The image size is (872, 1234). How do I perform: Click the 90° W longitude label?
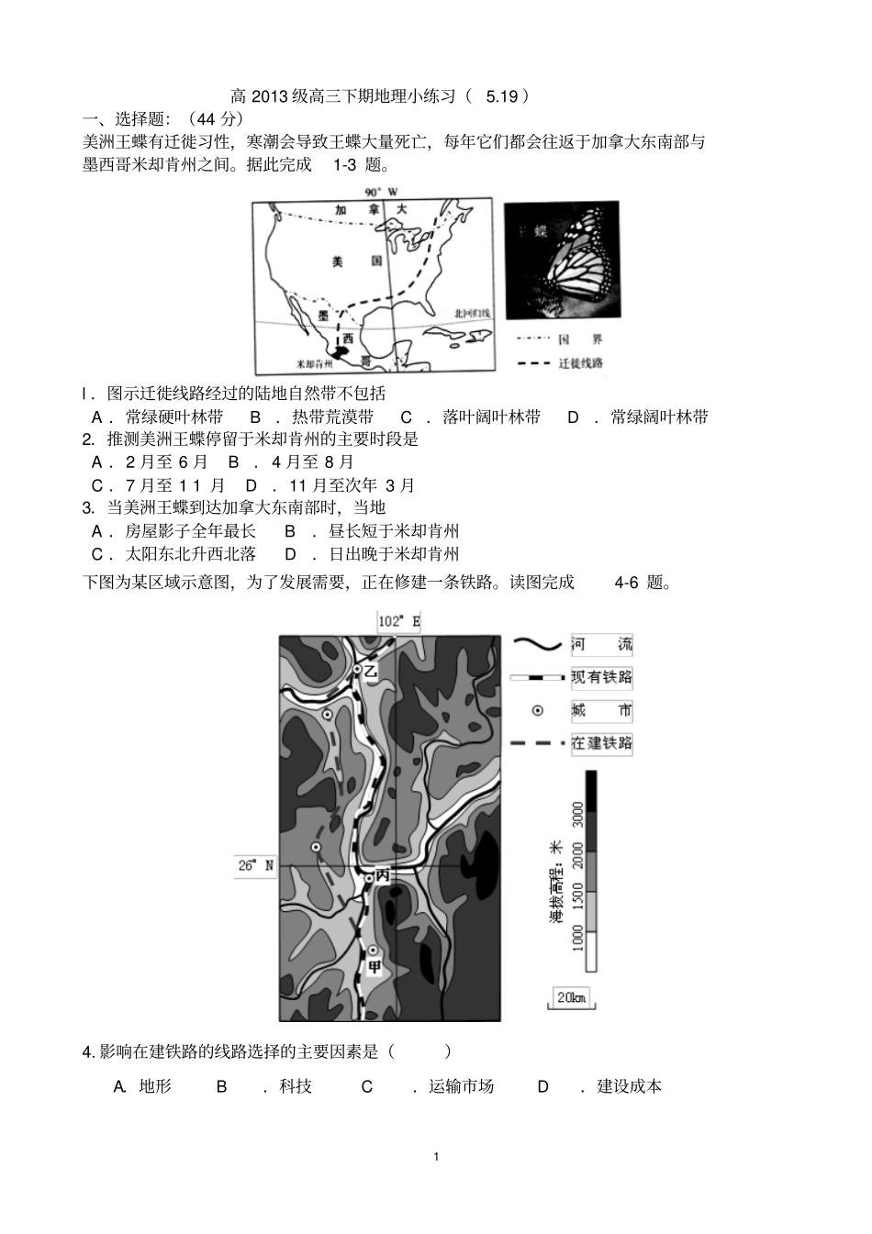tap(381, 192)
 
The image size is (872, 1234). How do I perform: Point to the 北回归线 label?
tap(472, 314)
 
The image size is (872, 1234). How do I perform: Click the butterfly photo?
tap(562, 260)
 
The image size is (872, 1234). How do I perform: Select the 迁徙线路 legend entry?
tap(580, 363)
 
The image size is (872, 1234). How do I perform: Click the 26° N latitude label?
tap(256, 865)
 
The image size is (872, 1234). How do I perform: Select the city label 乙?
tap(370, 673)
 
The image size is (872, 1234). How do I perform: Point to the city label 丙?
tap(383, 876)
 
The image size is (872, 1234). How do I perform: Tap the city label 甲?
tap(374, 966)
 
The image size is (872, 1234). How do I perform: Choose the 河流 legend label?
tap(601, 644)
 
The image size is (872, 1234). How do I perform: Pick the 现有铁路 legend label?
tap(601, 678)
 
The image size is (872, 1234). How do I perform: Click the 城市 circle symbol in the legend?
tap(538, 711)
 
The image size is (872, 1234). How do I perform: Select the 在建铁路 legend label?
tap(601, 743)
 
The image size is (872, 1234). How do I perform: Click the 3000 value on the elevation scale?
tap(577, 814)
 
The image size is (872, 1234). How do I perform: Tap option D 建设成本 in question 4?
tap(629, 1086)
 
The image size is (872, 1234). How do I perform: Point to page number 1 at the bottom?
tap(436, 1156)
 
